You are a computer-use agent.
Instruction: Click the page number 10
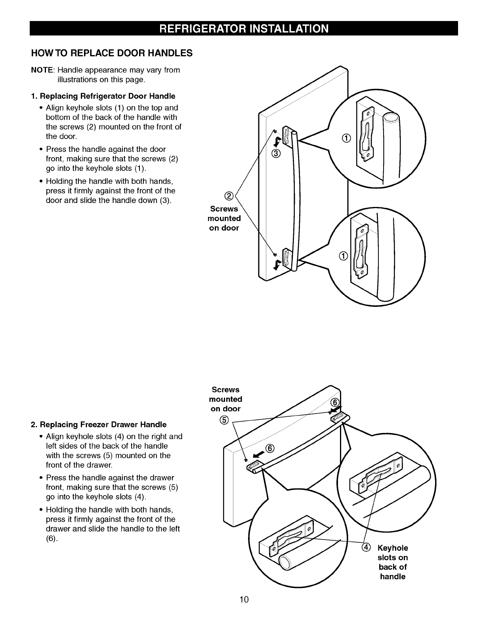pos(244,599)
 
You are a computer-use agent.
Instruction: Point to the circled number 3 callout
pos(276,153)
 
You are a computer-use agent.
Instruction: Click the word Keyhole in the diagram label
pos(393,548)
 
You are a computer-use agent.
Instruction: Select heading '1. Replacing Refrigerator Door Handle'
pos(103,96)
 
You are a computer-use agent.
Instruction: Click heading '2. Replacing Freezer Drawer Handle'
pos(99,425)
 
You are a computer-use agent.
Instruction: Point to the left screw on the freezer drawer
pos(246,460)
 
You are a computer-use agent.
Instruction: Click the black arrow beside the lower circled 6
pos(259,452)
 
